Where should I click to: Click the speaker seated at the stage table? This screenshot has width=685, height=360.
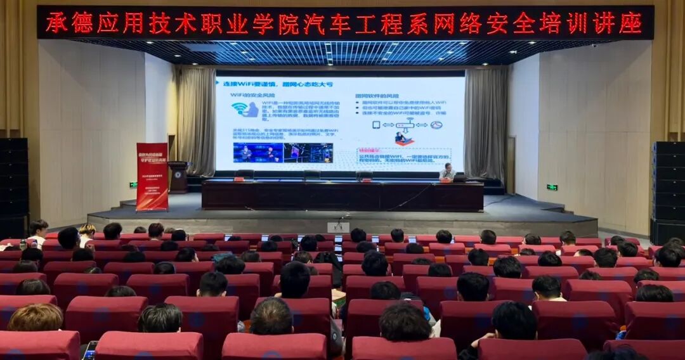click(448, 172)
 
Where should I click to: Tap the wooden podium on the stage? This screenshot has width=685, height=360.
click(178, 177)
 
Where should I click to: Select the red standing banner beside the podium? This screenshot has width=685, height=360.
click(152, 176)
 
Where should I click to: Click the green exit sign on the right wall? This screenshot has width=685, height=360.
click(552, 187)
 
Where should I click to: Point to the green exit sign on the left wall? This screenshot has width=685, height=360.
click(133, 185)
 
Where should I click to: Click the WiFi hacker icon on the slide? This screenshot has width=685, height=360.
click(244, 109)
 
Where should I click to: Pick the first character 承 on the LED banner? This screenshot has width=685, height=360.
click(56, 23)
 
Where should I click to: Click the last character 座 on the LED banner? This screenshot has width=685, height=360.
click(630, 23)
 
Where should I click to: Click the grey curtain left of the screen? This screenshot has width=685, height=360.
click(196, 120)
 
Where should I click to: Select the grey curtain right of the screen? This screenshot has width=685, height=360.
click(486, 124)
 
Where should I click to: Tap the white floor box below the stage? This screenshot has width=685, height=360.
click(338, 227)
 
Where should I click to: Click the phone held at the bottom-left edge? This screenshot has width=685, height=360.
click(89, 350)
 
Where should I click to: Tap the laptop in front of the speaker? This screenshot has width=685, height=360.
click(459, 177)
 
